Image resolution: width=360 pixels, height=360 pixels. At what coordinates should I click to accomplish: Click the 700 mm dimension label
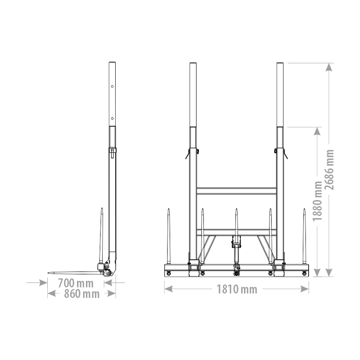pos(76,283)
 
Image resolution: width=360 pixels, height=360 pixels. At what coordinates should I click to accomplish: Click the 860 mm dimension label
pos(81,294)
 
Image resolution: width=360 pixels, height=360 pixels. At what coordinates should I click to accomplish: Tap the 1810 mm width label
pos(237,289)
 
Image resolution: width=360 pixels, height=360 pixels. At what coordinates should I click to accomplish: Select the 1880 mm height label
pos(318,201)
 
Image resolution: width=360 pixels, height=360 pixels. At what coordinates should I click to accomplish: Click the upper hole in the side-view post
pos(112,86)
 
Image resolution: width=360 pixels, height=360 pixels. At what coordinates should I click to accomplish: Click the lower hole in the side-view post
pos(112,118)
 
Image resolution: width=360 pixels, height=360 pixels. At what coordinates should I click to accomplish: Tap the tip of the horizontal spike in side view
pos(48,273)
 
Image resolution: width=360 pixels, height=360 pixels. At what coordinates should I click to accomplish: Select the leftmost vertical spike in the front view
pos(168,237)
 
